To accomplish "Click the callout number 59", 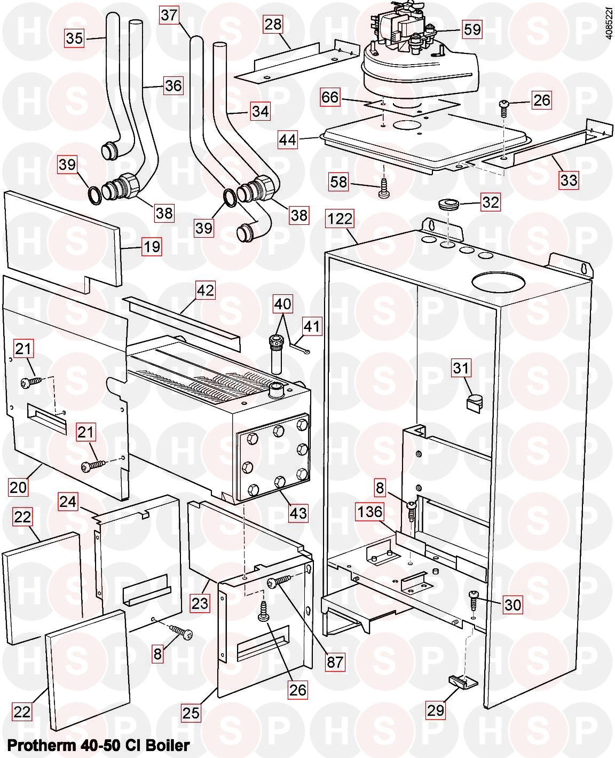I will tap(472, 29).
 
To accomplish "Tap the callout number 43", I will tap(298, 512).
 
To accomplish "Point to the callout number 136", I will tap(370, 512).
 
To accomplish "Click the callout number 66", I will tap(330, 98).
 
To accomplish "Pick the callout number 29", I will tap(435, 710).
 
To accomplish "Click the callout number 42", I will tap(206, 291).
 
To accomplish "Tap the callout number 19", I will tap(152, 247).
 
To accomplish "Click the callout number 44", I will tap(288, 140).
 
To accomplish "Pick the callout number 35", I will tap(75, 38).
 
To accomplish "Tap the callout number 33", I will tap(569, 180).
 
